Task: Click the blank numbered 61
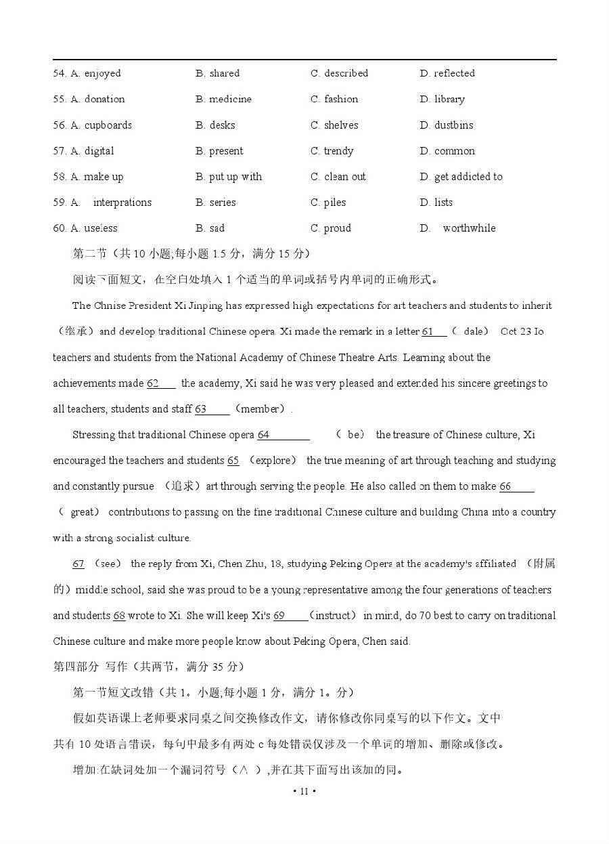pos(434,331)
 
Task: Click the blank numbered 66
pos(517,486)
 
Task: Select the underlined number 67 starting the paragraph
pos(78,564)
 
